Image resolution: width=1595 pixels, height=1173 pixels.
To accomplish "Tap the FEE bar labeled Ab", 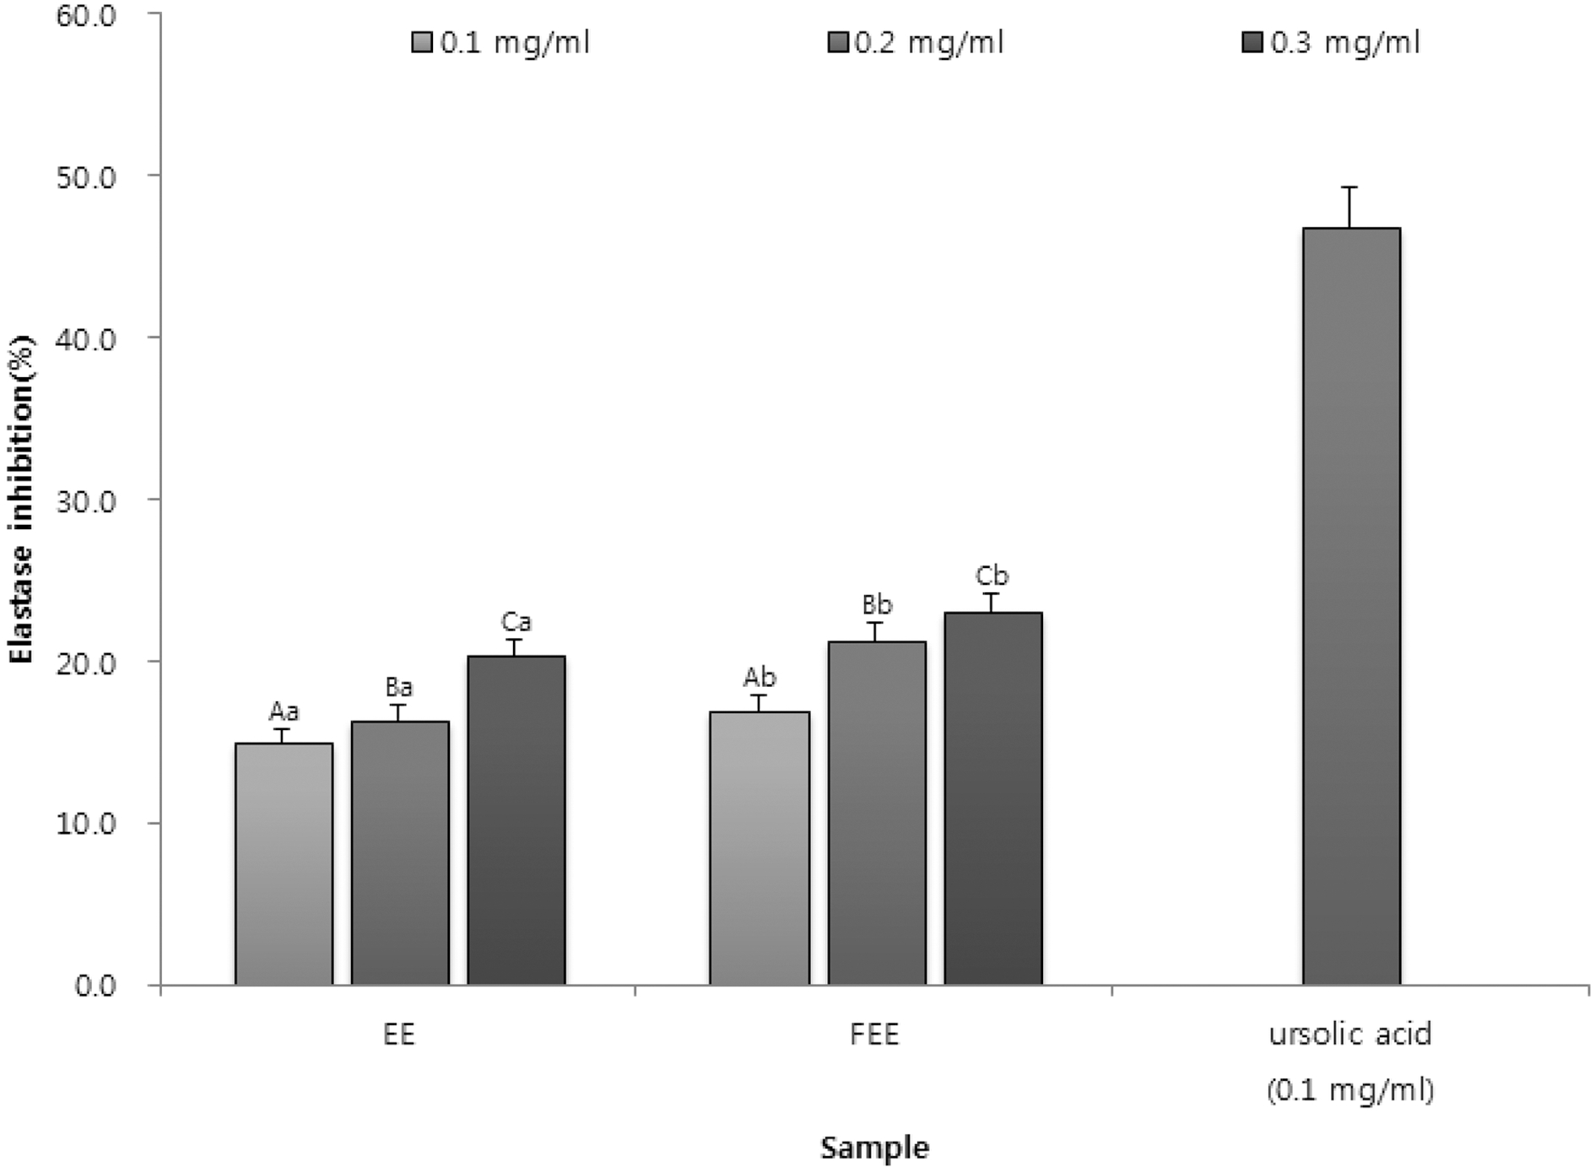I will [760, 848].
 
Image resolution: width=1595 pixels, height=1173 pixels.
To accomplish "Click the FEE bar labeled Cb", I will [993, 798].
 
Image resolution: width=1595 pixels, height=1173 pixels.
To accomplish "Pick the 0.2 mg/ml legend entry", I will [916, 42].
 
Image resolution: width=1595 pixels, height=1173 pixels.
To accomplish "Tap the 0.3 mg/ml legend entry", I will [1332, 42].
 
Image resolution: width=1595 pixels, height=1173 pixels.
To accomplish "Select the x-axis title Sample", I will [875, 1148].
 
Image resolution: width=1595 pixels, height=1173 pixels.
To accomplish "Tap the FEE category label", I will [875, 1035].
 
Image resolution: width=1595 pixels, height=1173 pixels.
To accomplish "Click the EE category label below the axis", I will [399, 1035].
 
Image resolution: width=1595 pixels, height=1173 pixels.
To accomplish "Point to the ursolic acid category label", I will [1351, 1035].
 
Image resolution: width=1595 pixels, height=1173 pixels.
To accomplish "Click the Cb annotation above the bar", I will [992, 576].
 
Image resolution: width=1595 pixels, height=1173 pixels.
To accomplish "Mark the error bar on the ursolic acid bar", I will [1351, 207].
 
